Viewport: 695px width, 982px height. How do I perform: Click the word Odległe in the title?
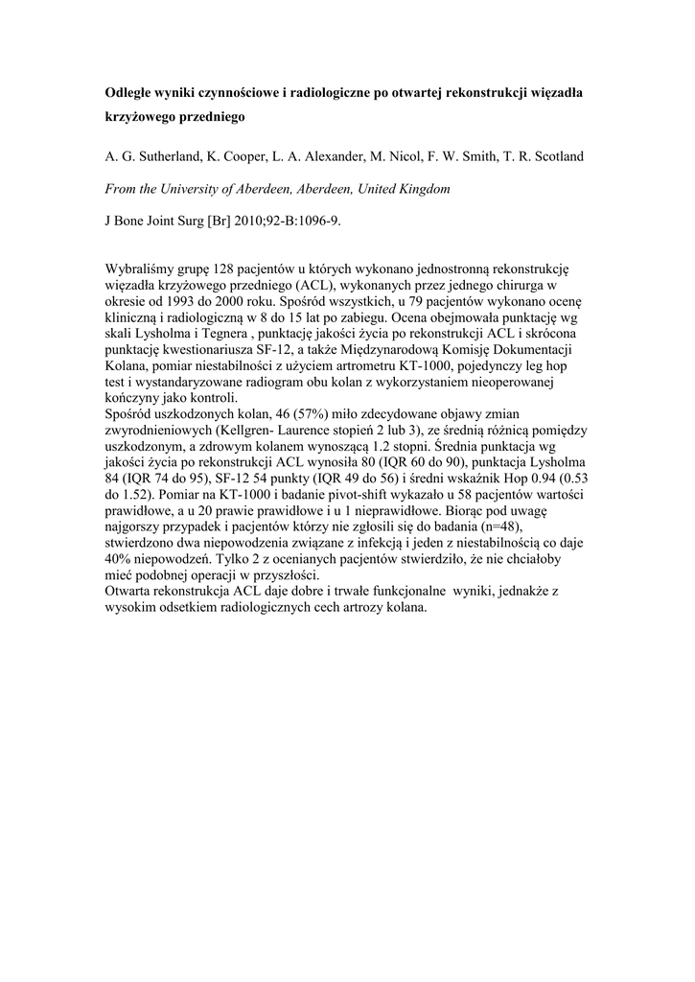click(x=128, y=93)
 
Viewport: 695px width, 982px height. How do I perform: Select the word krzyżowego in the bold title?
click(x=140, y=119)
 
